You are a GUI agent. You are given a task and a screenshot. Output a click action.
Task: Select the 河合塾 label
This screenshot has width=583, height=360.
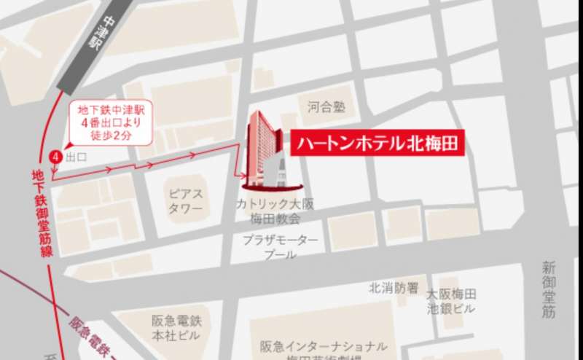[x=326, y=107]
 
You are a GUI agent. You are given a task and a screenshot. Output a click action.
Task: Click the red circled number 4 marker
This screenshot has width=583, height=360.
[x=54, y=157]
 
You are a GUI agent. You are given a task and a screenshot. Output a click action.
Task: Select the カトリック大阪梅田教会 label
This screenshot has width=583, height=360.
[x=267, y=211]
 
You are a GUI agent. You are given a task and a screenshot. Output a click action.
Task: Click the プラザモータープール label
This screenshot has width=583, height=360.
[x=281, y=247]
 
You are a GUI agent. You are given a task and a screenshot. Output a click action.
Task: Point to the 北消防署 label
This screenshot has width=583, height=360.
[x=394, y=287]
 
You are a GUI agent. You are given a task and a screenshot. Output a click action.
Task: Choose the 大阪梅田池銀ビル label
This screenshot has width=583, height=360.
[x=451, y=302]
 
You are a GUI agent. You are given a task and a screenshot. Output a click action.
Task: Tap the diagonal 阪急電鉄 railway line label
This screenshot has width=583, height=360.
[x=95, y=332]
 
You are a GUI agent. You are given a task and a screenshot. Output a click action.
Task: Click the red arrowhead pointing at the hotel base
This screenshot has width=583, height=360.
[x=243, y=176]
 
